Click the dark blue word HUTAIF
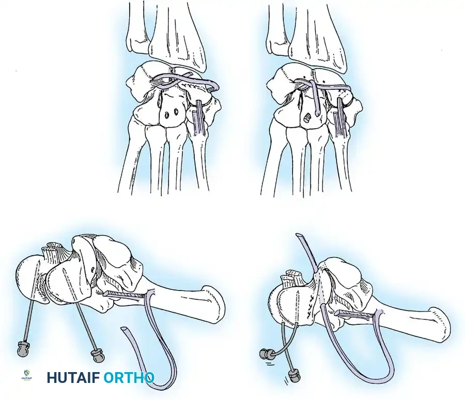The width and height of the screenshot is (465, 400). (x=74, y=378)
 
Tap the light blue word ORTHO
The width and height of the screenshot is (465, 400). (x=129, y=378)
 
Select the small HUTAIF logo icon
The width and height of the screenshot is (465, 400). (x=28, y=376)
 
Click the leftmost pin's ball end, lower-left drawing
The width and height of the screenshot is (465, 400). (x=22, y=350)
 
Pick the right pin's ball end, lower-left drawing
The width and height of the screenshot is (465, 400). (x=97, y=356)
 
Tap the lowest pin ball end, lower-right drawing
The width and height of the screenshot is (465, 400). (x=295, y=375)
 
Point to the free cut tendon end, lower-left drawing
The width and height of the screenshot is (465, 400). (x=125, y=329)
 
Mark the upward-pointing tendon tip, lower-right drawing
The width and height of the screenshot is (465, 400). (x=299, y=236)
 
